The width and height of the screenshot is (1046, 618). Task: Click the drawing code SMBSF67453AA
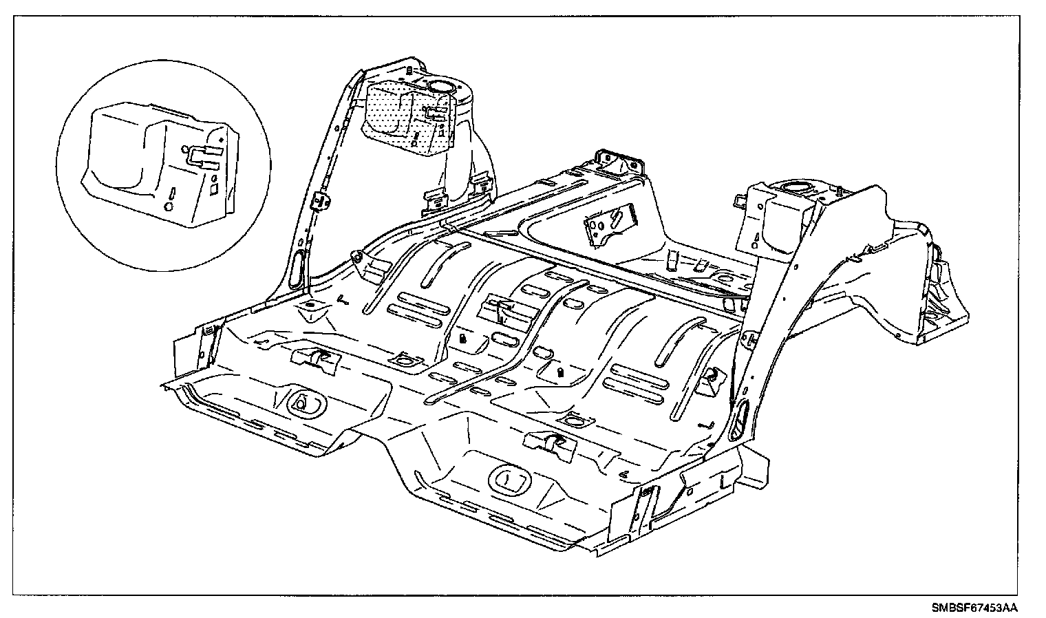pos(974,608)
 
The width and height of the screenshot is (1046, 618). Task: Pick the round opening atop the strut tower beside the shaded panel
pos(440,86)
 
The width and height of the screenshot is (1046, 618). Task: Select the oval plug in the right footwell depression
pos(506,478)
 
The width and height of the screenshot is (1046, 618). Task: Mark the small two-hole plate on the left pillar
pos(321,202)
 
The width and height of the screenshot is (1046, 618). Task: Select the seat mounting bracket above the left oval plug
pos(317,359)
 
